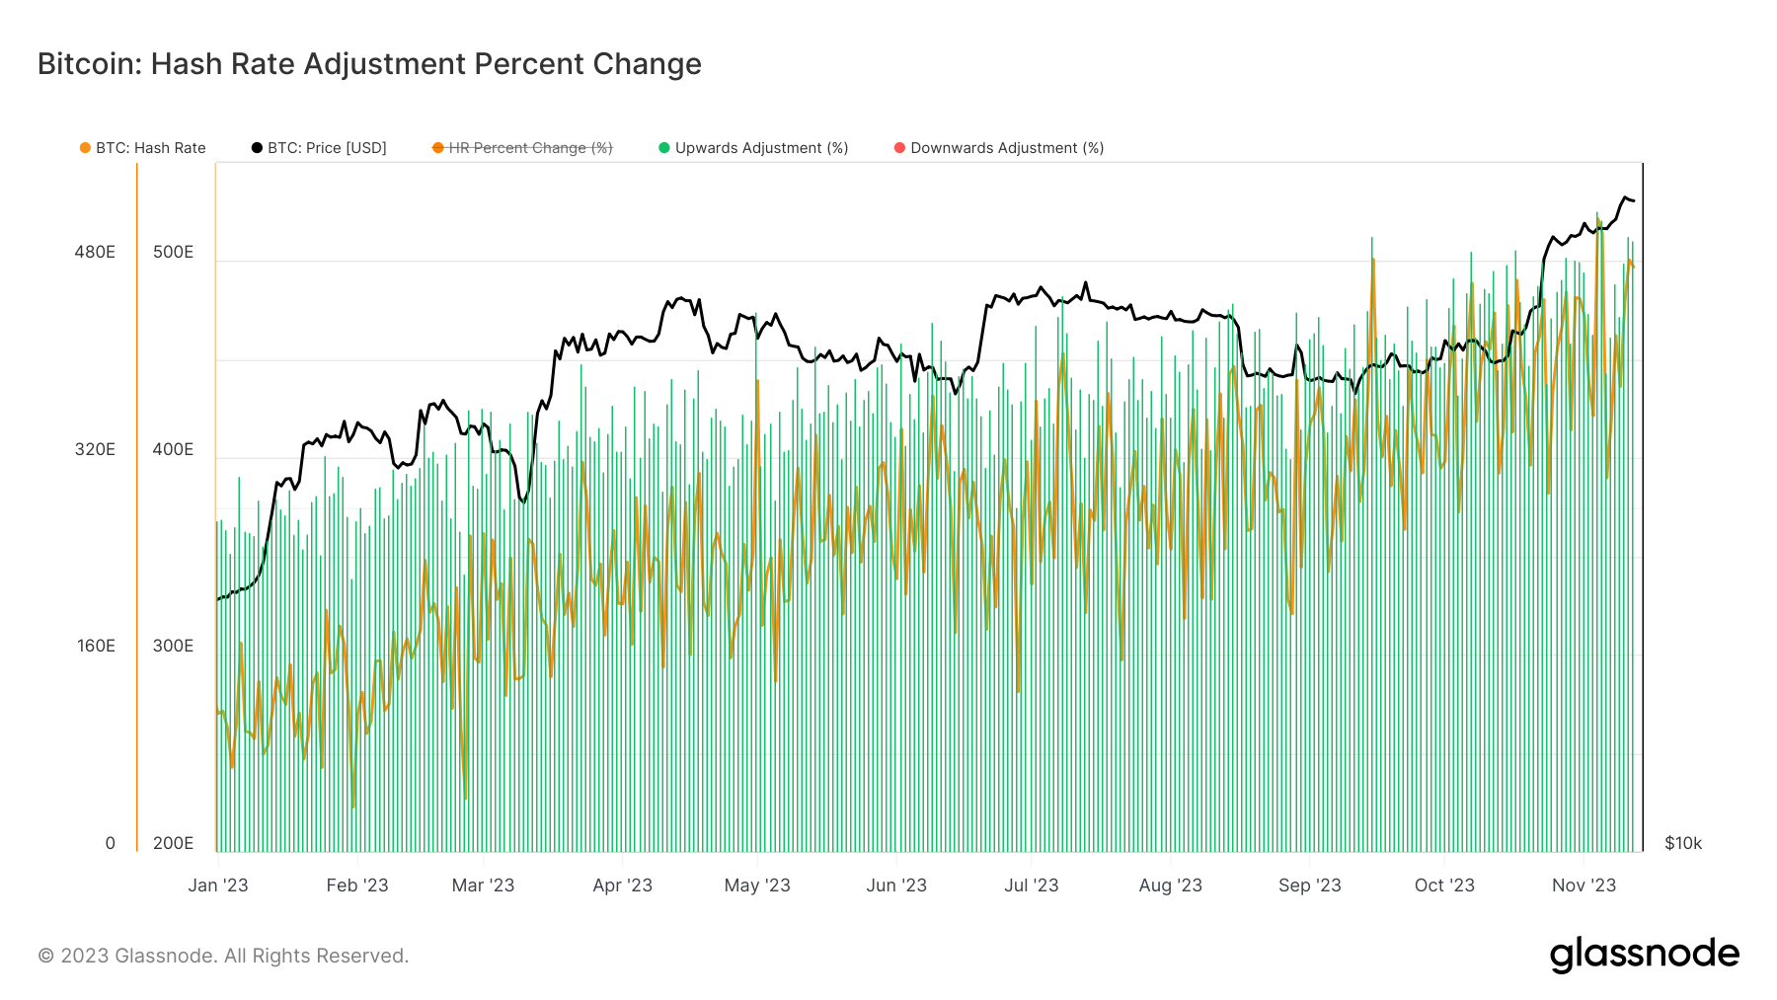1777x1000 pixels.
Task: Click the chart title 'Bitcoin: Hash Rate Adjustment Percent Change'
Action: (x=369, y=64)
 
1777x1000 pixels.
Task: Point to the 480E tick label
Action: (x=95, y=252)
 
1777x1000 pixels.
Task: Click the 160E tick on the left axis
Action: (x=97, y=646)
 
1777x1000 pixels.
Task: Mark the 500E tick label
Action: (x=173, y=252)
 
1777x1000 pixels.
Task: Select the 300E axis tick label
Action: (x=173, y=646)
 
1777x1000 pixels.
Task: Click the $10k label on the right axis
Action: (x=1683, y=843)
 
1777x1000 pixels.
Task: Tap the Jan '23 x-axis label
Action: (x=218, y=885)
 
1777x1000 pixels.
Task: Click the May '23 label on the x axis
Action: (x=757, y=885)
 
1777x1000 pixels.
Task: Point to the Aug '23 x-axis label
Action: (x=1170, y=885)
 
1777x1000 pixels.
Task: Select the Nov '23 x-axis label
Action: (x=1584, y=885)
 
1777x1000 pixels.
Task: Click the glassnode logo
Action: (x=1644, y=955)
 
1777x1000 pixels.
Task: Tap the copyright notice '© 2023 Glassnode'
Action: (x=223, y=956)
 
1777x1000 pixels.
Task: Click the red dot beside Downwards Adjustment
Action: (x=899, y=148)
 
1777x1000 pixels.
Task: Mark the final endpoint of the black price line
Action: (x=1634, y=201)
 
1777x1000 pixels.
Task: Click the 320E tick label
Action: (x=95, y=449)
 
